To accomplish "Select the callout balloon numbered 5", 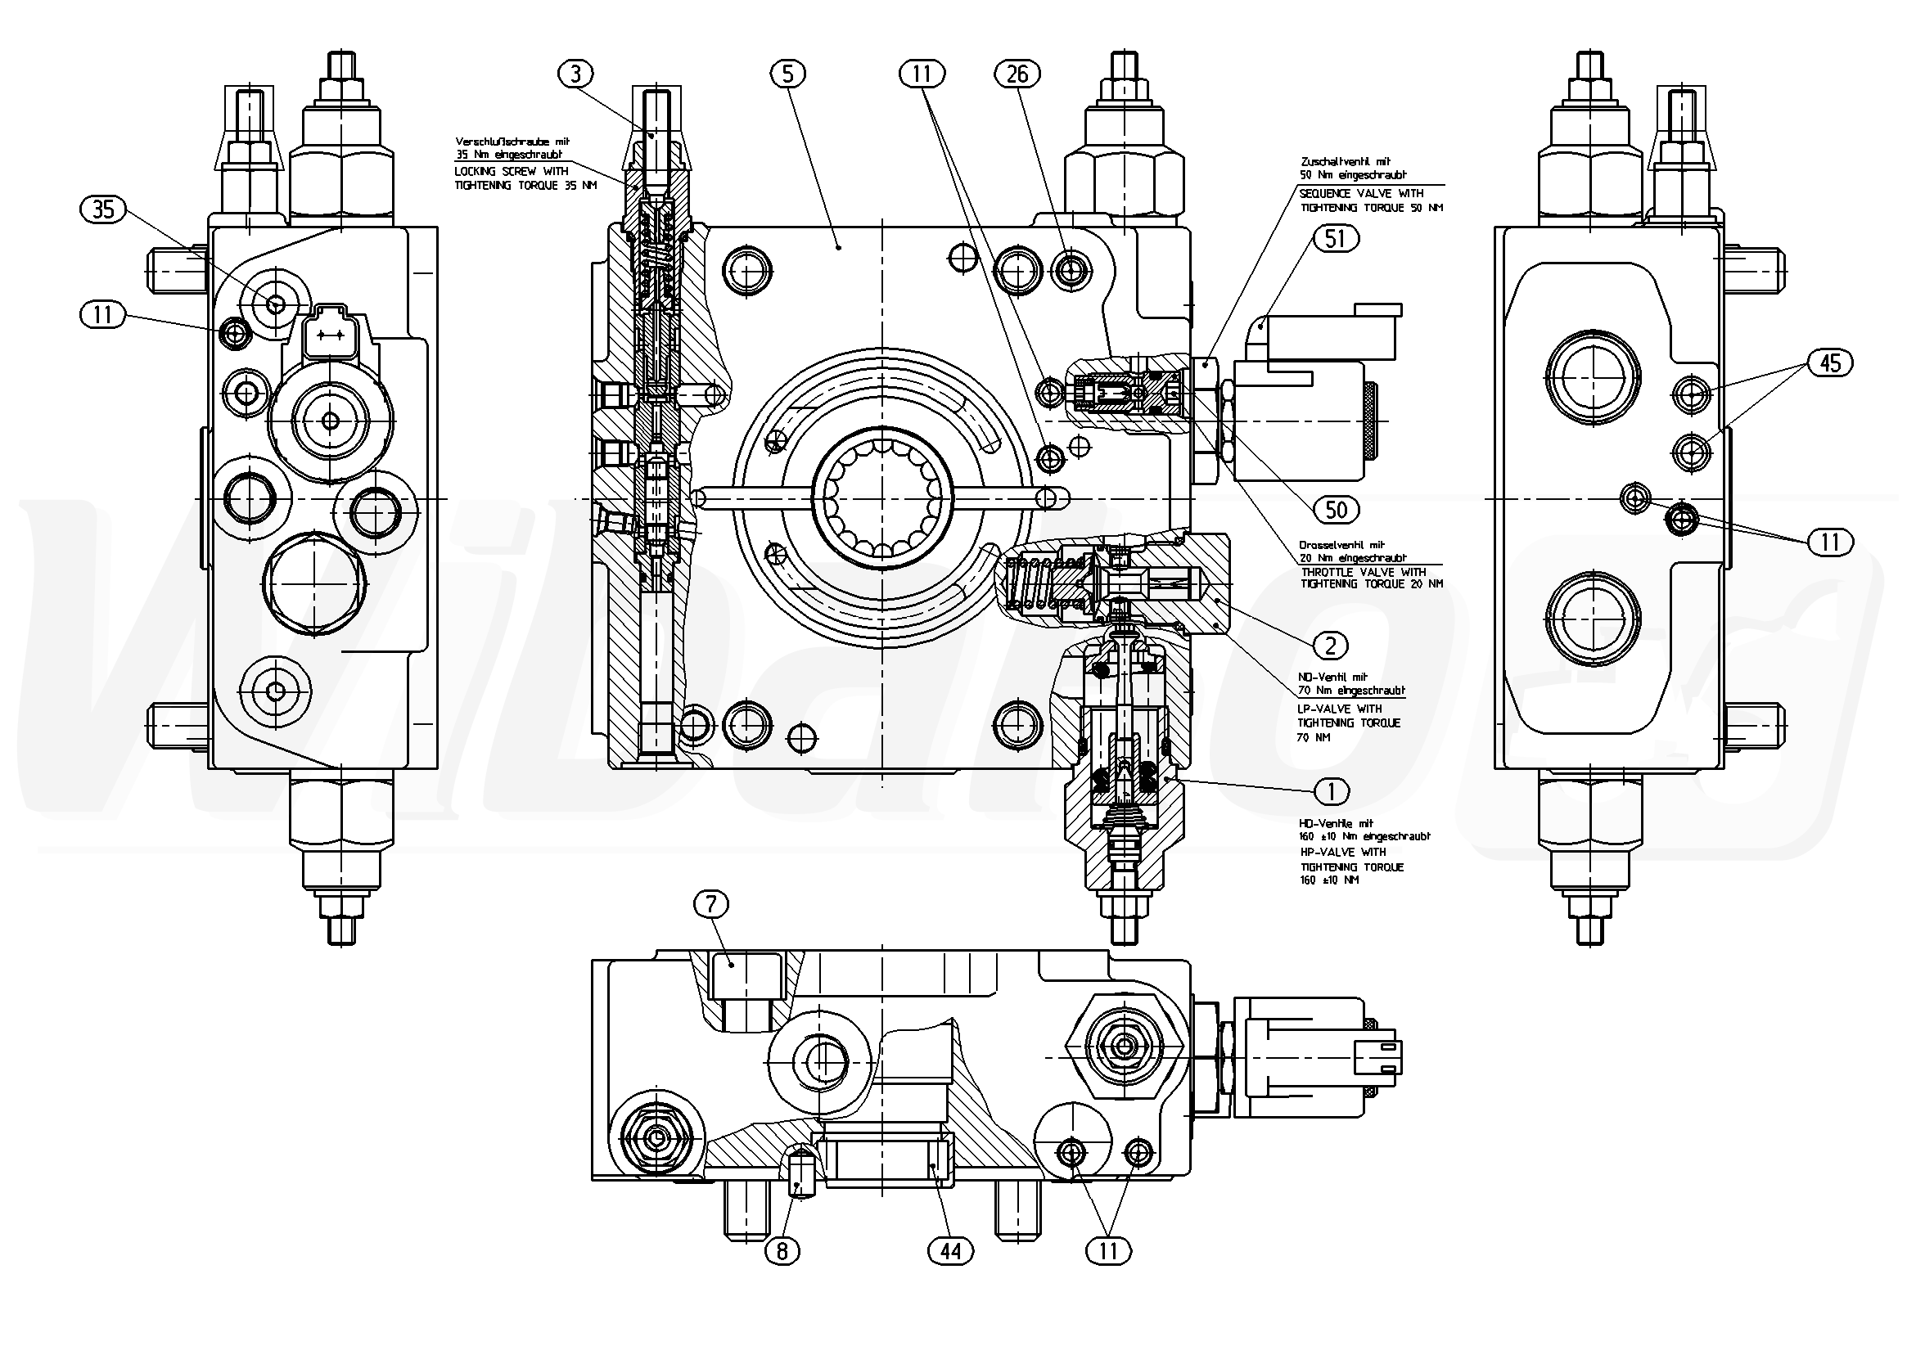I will (788, 74).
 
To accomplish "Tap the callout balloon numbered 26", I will (1017, 74).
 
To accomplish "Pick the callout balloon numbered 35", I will (103, 209).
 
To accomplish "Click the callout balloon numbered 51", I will (1335, 239).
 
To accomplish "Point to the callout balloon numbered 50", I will (1336, 509).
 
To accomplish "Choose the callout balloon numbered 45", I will (1830, 363).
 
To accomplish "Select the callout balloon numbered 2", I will (1330, 645).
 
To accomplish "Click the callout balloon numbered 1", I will (1332, 790).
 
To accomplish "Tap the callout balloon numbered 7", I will (711, 903).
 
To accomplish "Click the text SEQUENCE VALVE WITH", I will (1361, 194).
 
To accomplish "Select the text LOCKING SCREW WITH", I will (512, 171).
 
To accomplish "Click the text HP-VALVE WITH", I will (1343, 852).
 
